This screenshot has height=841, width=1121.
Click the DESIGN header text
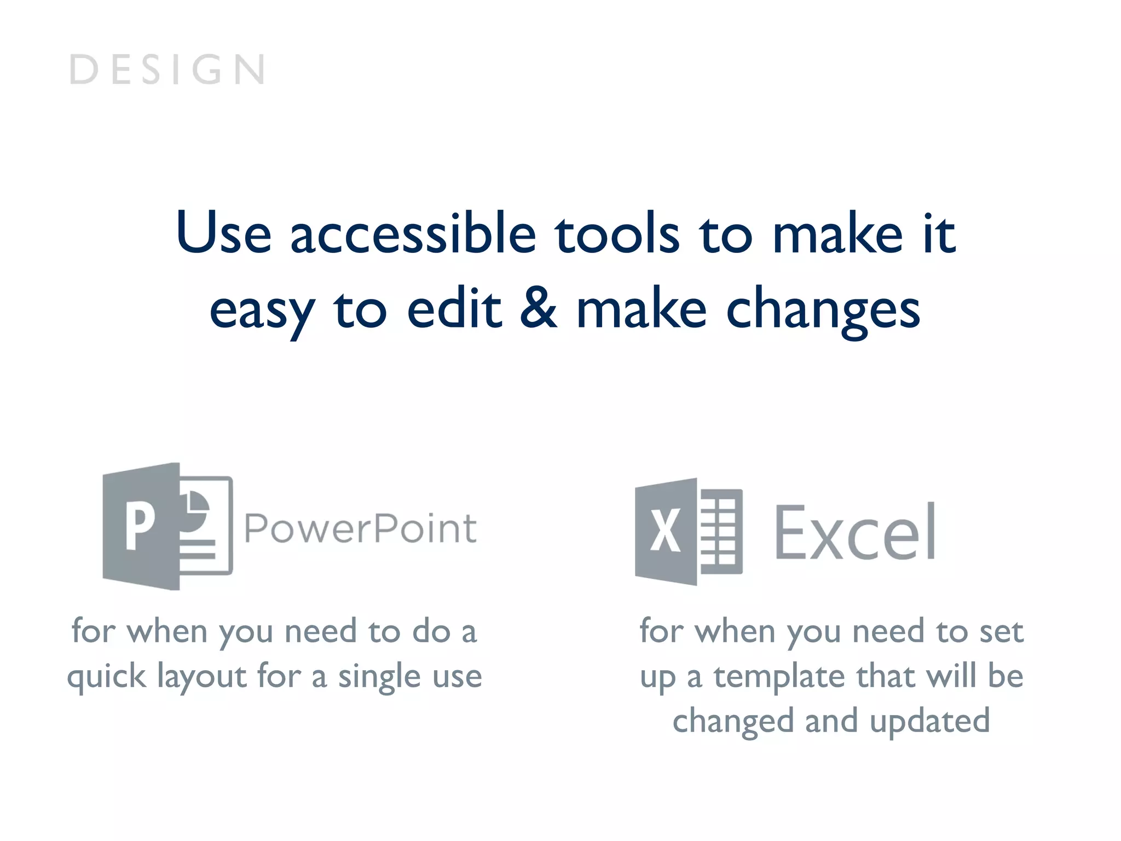tap(167, 70)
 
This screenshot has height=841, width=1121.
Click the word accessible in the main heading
tap(413, 234)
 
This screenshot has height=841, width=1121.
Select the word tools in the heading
tap(617, 234)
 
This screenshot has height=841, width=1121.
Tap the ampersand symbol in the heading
tap(538, 308)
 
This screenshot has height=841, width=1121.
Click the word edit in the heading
tap(454, 309)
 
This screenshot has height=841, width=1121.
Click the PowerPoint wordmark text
tap(360, 529)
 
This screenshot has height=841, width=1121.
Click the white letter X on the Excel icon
tap(665, 530)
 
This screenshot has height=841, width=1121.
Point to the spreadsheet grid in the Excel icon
tap(719, 531)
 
